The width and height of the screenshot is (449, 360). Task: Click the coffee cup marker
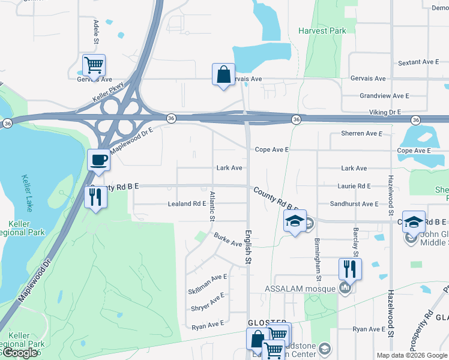pos(99,160)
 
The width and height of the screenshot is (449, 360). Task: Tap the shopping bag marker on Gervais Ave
pos(223,75)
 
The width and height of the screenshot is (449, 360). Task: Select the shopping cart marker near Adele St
pos(94,65)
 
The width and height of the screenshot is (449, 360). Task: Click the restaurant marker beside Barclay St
pos(350,268)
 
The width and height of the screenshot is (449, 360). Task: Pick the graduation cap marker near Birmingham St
pos(294,221)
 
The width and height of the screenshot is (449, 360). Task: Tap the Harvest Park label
pos(322,30)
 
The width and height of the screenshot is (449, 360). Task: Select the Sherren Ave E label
pos(361,133)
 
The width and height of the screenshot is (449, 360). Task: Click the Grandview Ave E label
pos(384,96)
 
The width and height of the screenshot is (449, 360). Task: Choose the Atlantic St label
pos(212,206)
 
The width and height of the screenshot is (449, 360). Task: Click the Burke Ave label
pos(228,240)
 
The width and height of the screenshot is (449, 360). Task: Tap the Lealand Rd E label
pos(187,204)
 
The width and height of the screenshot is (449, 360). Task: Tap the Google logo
pos(20,353)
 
